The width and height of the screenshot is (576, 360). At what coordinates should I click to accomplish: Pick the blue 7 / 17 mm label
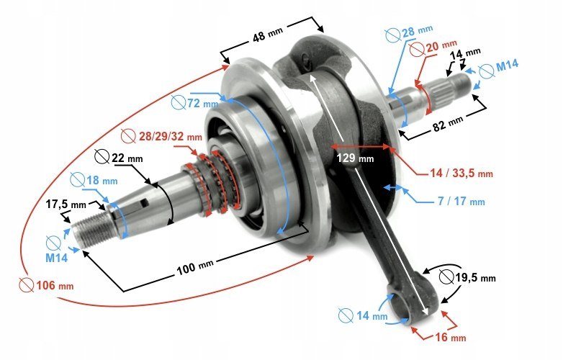click(x=461, y=202)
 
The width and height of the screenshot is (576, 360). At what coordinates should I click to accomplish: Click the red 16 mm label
click(x=448, y=337)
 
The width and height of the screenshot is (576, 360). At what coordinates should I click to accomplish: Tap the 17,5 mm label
click(x=62, y=204)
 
